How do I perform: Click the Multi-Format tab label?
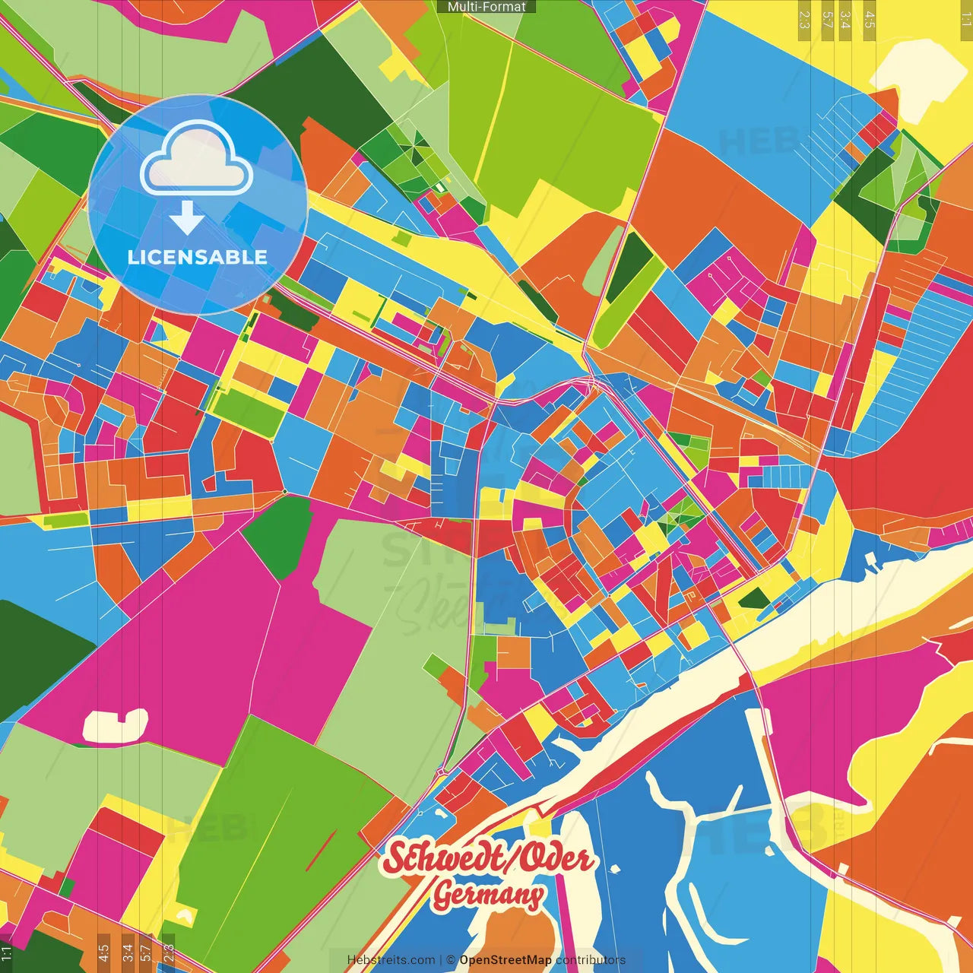(486, 7)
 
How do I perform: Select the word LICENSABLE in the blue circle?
(198, 257)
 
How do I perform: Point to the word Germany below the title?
(489, 895)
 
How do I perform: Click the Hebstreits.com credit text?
(391, 960)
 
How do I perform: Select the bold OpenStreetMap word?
(506, 960)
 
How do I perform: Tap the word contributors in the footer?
(590, 960)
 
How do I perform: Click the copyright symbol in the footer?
(451, 960)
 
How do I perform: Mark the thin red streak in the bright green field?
(320, 852)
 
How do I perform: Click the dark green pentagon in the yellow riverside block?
(754, 598)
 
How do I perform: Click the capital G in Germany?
(442, 895)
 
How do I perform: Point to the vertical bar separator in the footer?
(441, 960)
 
